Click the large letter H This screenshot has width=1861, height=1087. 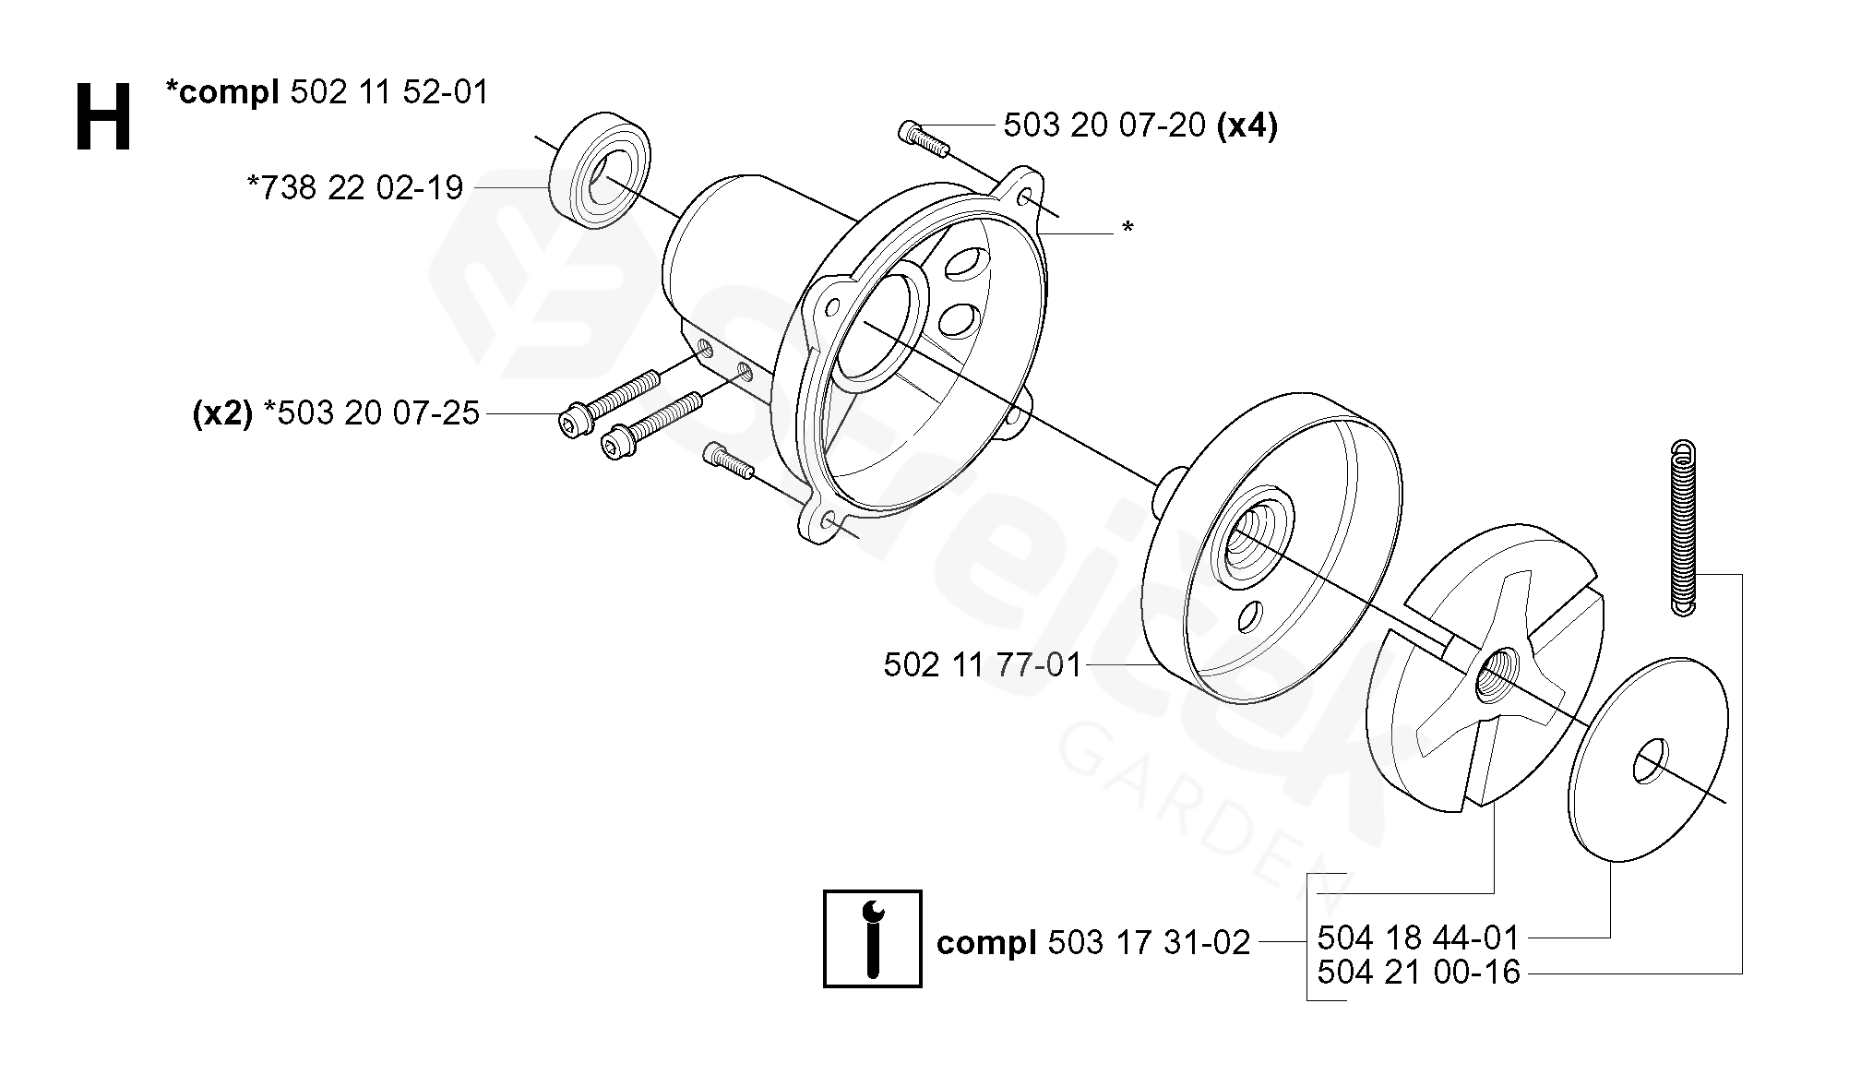(x=103, y=117)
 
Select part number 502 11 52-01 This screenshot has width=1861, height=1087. (x=389, y=92)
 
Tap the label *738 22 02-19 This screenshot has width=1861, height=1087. (x=355, y=188)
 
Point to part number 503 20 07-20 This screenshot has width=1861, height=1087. (x=1104, y=125)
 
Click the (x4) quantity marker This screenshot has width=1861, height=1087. (x=1247, y=125)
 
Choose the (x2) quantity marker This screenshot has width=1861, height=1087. (x=222, y=413)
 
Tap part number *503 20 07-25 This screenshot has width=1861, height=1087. (x=372, y=413)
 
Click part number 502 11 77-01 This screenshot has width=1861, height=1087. (x=982, y=665)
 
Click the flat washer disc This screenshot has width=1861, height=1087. (x=1649, y=759)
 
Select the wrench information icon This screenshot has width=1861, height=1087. (x=872, y=938)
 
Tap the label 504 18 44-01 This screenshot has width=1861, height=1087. (x=1418, y=938)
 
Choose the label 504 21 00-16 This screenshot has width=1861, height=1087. (x=1418, y=973)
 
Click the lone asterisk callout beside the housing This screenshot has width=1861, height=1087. (x=1127, y=228)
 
